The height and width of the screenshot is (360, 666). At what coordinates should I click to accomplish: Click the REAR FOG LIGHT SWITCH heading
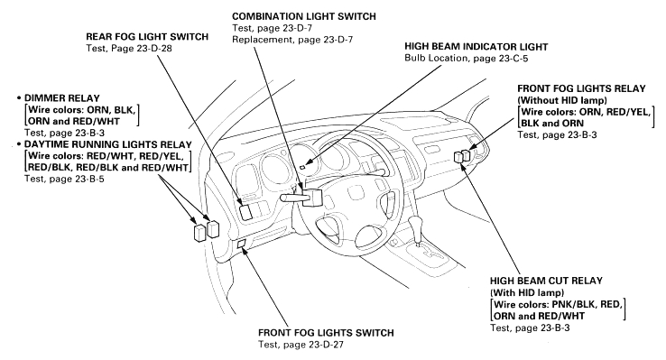point(147,37)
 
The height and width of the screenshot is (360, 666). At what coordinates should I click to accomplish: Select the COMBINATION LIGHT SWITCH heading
point(304,16)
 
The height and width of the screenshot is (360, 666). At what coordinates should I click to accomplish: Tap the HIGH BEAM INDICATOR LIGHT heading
point(476,47)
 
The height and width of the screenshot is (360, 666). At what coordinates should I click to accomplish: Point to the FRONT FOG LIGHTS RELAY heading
point(581,88)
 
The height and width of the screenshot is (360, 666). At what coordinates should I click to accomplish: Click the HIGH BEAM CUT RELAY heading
point(546,281)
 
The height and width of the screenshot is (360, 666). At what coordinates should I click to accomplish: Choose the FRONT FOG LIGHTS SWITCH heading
point(326,333)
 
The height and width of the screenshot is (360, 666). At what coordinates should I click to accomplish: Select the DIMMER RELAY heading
point(62,98)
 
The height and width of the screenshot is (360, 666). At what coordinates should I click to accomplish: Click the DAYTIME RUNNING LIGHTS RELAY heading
point(108,144)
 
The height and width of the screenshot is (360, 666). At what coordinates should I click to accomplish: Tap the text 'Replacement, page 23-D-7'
point(292,40)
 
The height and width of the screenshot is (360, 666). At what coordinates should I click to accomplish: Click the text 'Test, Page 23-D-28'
point(129,49)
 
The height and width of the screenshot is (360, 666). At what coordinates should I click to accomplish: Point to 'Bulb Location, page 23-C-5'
point(467,58)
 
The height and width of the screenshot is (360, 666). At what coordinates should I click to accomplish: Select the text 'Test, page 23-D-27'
point(301,345)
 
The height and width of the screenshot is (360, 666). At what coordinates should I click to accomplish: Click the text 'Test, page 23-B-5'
point(64,179)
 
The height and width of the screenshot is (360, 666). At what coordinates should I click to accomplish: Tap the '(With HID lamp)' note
point(527,293)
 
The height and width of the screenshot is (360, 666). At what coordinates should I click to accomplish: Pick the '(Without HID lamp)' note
point(562,101)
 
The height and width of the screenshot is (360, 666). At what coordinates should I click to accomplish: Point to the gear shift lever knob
point(416,224)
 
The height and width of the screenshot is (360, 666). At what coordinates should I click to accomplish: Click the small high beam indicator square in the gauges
point(302,167)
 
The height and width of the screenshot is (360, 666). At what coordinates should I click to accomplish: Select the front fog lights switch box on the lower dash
point(241,244)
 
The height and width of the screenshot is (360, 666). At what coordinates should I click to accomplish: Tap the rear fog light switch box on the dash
point(246,212)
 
